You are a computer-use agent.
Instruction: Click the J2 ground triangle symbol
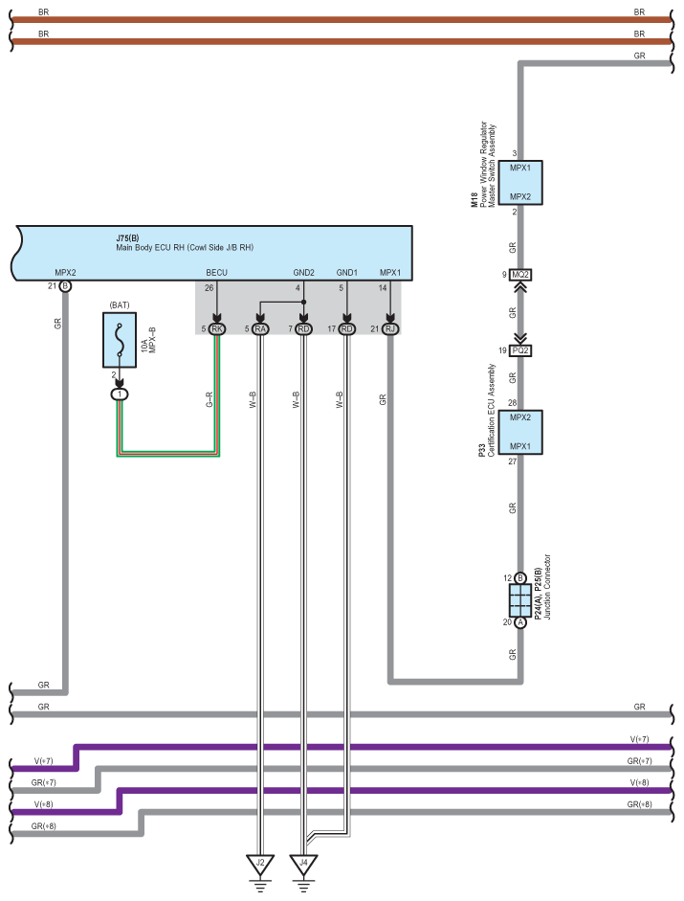tap(260, 863)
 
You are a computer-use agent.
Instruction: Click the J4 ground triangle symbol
tap(304, 863)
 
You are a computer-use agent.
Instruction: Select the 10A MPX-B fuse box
tap(120, 340)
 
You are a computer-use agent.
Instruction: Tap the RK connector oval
tap(216, 328)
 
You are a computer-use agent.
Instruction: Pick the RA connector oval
tap(260, 328)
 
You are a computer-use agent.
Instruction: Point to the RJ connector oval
tap(390, 328)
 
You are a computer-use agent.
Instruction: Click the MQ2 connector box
tap(520, 275)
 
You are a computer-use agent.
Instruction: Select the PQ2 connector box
tap(520, 350)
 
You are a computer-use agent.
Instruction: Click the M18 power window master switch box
tap(520, 183)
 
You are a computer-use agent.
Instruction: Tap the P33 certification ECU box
tap(520, 432)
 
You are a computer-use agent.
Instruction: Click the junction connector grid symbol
tap(520, 600)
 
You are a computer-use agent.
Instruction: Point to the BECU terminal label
tap(216, 273)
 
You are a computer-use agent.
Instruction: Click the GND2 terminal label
tap(304, 273)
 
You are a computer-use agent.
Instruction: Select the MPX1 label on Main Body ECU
tap(390, 273)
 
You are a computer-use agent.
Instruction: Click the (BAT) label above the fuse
tap(120, 305)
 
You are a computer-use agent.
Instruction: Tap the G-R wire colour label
tap(210, 400)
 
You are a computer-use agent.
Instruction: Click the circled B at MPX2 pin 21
tap(65, 285)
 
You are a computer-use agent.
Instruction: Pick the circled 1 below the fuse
tap(120, 394)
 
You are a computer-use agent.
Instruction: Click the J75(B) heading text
tap(127, 237)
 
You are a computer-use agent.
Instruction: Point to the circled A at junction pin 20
tap(520, 622)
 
